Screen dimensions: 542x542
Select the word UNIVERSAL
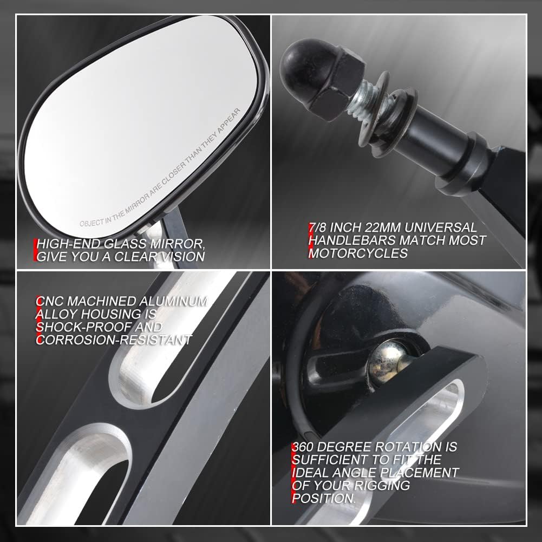[440, 227]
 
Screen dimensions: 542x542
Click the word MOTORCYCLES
[358, 253]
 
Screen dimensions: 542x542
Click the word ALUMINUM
[173, 302]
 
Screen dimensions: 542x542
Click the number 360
[303, 447]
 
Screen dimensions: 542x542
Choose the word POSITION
[323, 499]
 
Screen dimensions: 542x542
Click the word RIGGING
[382, 486]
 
